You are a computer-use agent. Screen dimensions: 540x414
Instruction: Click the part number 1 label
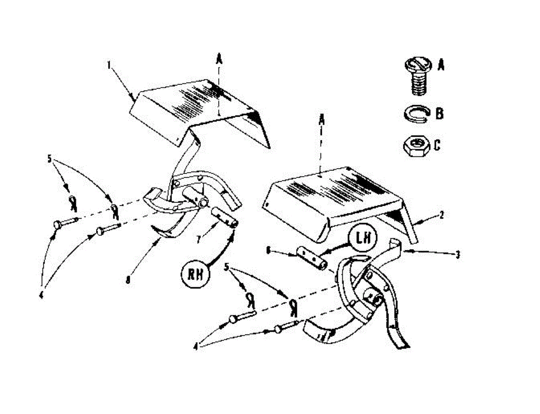109,65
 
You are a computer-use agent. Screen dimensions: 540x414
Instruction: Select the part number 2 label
442,215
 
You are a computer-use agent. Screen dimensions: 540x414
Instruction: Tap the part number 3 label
458,255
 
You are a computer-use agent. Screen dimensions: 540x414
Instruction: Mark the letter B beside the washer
440,113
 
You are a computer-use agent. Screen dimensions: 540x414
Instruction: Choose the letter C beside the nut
437,146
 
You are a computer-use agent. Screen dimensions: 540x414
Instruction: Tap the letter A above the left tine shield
219,58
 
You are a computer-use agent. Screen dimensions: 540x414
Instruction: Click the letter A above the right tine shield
321,120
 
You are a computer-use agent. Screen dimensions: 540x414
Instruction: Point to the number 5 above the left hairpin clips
50,159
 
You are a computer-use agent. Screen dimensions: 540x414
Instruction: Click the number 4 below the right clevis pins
196,346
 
